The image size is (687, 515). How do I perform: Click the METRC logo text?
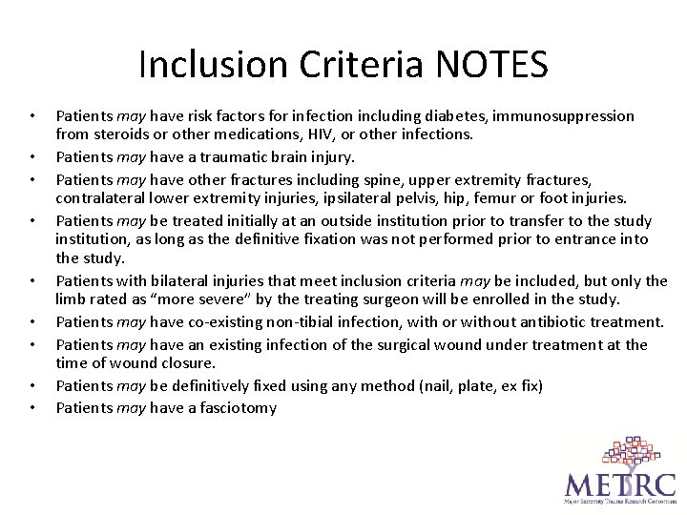tap(619, 481)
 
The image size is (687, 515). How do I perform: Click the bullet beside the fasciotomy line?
tap(31, 408)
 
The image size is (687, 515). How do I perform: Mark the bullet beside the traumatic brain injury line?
tap(31, 157)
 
